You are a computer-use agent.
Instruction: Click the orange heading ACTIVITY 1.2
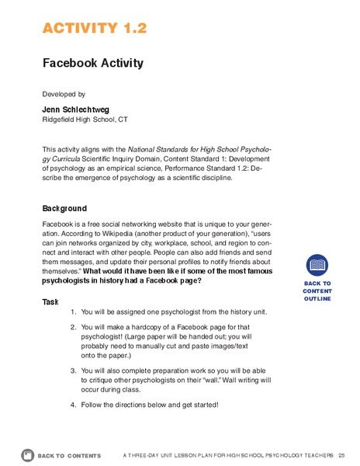point(95,29)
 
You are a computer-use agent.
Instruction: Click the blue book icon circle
point(317,266)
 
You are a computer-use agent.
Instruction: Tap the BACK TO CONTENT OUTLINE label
point(317,290)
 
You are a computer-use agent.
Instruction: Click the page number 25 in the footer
point(341,454)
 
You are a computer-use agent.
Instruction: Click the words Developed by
point(64,94)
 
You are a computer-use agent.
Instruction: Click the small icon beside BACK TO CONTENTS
point(28,454)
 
